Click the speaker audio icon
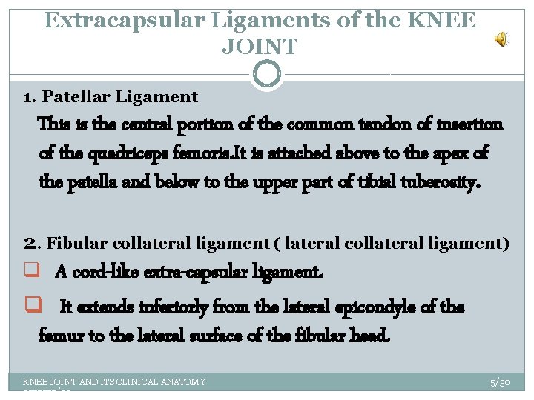tap(502, 39)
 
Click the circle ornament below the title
tap(267, 75)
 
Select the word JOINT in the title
tap(260, 47)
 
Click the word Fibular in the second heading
tap(76, 242)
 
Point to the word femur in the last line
tap(60, 336)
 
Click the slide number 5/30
tap(500, 382)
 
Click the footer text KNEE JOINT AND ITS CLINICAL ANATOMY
tap(114, 382)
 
